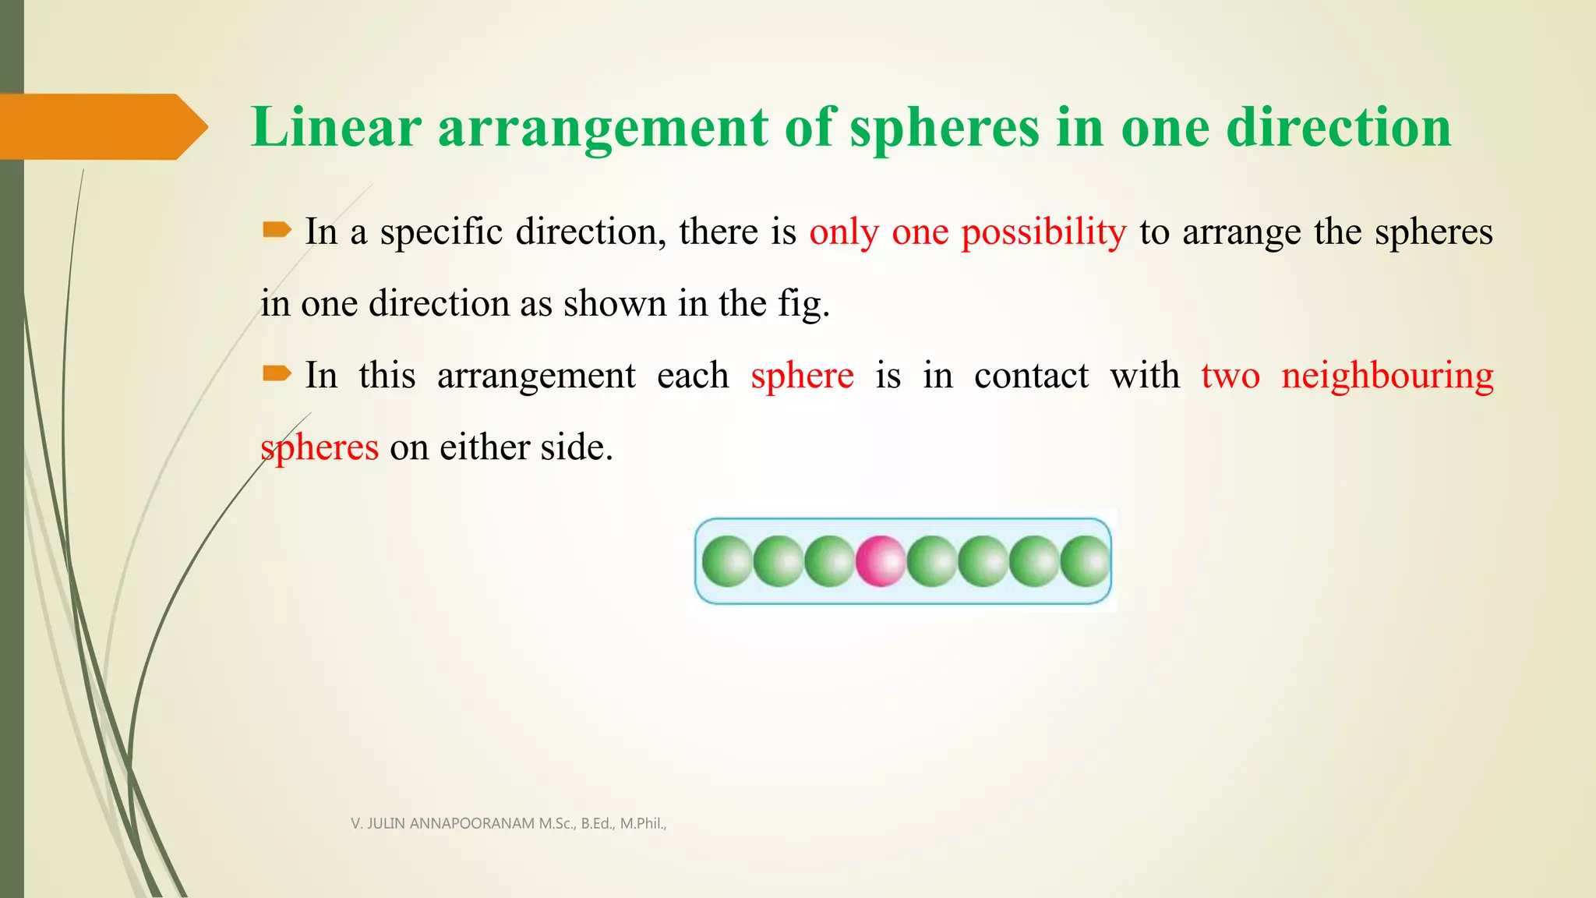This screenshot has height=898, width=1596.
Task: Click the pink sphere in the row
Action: [881, 561]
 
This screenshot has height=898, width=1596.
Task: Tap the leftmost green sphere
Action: [727, 561]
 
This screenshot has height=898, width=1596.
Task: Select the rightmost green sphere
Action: [1086, 561]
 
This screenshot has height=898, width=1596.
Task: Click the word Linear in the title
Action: [336, 127]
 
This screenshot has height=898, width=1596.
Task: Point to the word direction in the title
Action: [1338, 127]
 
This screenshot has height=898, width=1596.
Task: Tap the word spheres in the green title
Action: [945, 129]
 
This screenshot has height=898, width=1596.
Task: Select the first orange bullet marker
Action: [277, 230]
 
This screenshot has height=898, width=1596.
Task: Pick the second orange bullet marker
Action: [277, 375]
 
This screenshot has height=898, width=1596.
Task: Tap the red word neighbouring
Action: [1387, 377]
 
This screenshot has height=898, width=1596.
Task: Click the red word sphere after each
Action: [802, 377]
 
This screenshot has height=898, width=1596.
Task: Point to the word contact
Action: [1031, 377]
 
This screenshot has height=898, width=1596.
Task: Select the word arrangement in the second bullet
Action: [536, 377]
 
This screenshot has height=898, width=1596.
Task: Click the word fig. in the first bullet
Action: [803, 304]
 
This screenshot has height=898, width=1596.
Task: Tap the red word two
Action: [1230, 377]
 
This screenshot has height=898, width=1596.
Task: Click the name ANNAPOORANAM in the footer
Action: [473, 823]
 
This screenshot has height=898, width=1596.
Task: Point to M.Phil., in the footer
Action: [643, 823]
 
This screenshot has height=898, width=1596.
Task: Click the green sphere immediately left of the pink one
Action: [830, 561]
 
